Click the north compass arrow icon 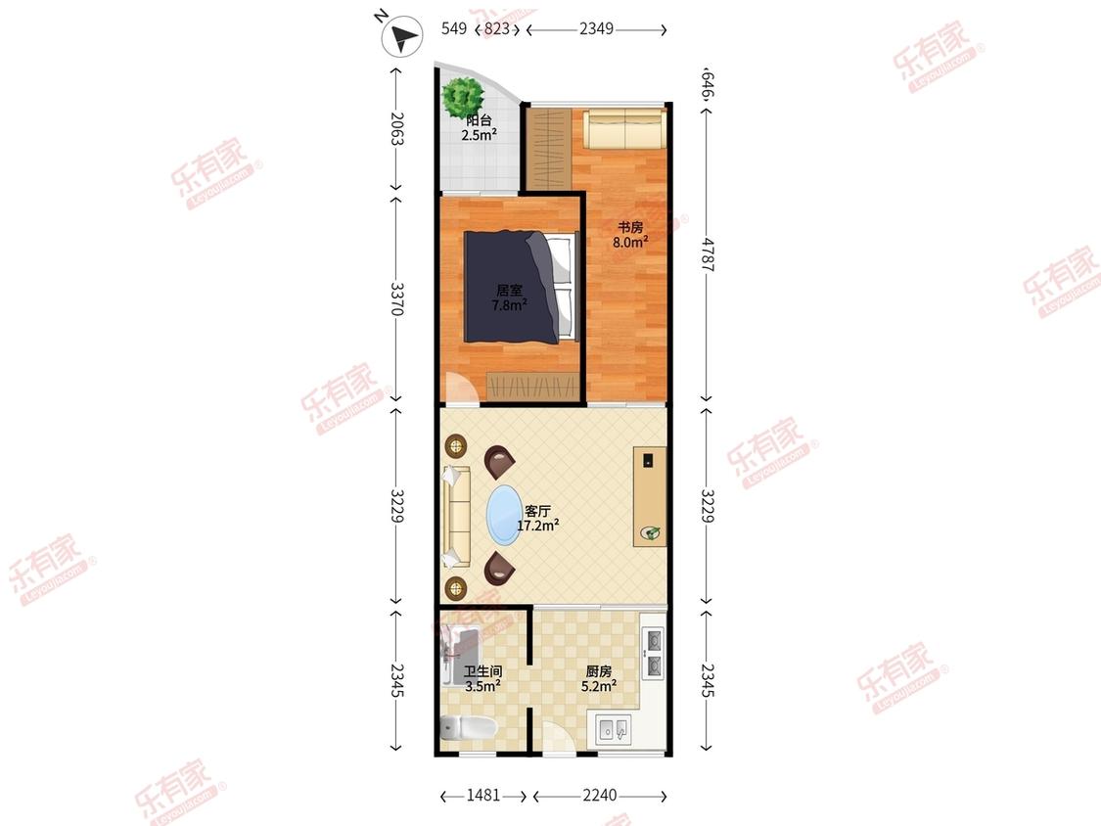(401, 36)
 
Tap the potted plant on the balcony (464, 95)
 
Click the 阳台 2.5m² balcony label (479, 128)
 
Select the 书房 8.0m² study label (630, 235)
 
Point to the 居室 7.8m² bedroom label (509, 298)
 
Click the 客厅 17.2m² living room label (538, 519)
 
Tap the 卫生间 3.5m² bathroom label (482, 679)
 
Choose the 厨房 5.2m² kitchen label (599, 678)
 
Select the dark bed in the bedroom (521, 287)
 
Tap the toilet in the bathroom (469, 728)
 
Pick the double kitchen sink (614, 729)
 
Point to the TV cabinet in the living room (650, 496)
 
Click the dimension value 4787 (707, 255)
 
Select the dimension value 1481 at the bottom (483, 795)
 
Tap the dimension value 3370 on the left (396, 298)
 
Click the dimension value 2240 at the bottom (600, 795)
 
